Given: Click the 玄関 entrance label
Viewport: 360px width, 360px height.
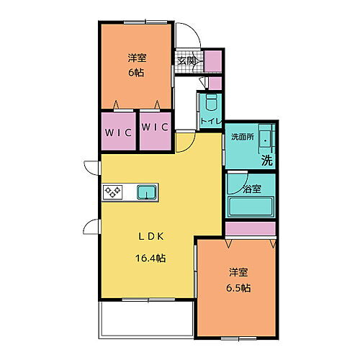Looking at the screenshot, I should tap(186, 61).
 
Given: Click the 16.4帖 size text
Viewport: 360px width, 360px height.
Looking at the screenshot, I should tap(151, 257).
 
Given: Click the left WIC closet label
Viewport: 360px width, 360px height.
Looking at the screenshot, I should tap(117, 132).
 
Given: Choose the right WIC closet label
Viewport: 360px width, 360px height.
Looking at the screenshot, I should tap(155, 127).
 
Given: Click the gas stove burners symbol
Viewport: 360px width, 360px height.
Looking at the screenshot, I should tap(114, 192).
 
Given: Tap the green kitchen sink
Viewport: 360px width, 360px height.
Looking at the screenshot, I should tap(147, 192).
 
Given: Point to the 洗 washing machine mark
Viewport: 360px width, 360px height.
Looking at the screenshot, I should tap(266, 161).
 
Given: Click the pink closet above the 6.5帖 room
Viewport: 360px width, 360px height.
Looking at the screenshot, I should tap(251, 228).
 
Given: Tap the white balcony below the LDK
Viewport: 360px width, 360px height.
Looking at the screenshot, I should tap(146, 318).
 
